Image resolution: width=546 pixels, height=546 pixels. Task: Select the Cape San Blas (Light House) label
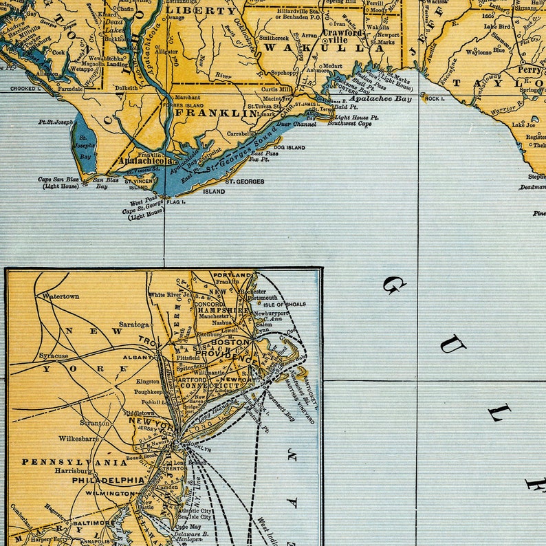pyautogui.click(x=61, y=182)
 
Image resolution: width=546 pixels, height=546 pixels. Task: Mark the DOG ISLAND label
pyautogui.click(x=289, y=147)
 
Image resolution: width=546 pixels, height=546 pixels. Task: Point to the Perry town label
pyautogui.click(x=529, y=70)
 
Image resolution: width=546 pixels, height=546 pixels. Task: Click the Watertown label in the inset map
pyautogui.click(x=61, y=296)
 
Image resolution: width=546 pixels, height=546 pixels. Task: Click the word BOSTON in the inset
pyautogui.click(x=230, y=342)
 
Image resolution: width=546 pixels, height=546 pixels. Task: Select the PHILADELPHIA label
pyautogui.click(x=108, y=480)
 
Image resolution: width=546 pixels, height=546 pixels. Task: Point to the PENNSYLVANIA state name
pyautogui.click(x=74, y=462)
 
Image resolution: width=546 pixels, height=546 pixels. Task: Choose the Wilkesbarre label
pyautogui.click(x=78, y=438)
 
